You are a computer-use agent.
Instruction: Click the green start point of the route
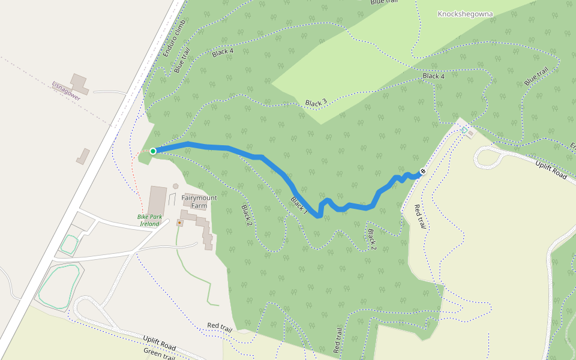click(153, 151)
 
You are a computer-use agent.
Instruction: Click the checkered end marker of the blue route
click(423, 172)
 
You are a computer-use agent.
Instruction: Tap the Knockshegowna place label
click(466, 14)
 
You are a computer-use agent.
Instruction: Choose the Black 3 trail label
click(316, 103)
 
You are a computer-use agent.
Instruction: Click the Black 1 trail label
click(299, 206)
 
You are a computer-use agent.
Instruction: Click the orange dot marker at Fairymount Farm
click(179, 223)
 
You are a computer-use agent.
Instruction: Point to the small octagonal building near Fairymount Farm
click(175, 186)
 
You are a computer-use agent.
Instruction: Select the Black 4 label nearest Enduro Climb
click(223, 53)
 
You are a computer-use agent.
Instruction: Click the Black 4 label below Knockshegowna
click(433, 76)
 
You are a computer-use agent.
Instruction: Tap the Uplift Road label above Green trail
click(159, 344)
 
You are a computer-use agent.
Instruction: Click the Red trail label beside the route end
click(420, 217)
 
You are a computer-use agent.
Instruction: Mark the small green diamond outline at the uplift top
click(464, 130)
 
